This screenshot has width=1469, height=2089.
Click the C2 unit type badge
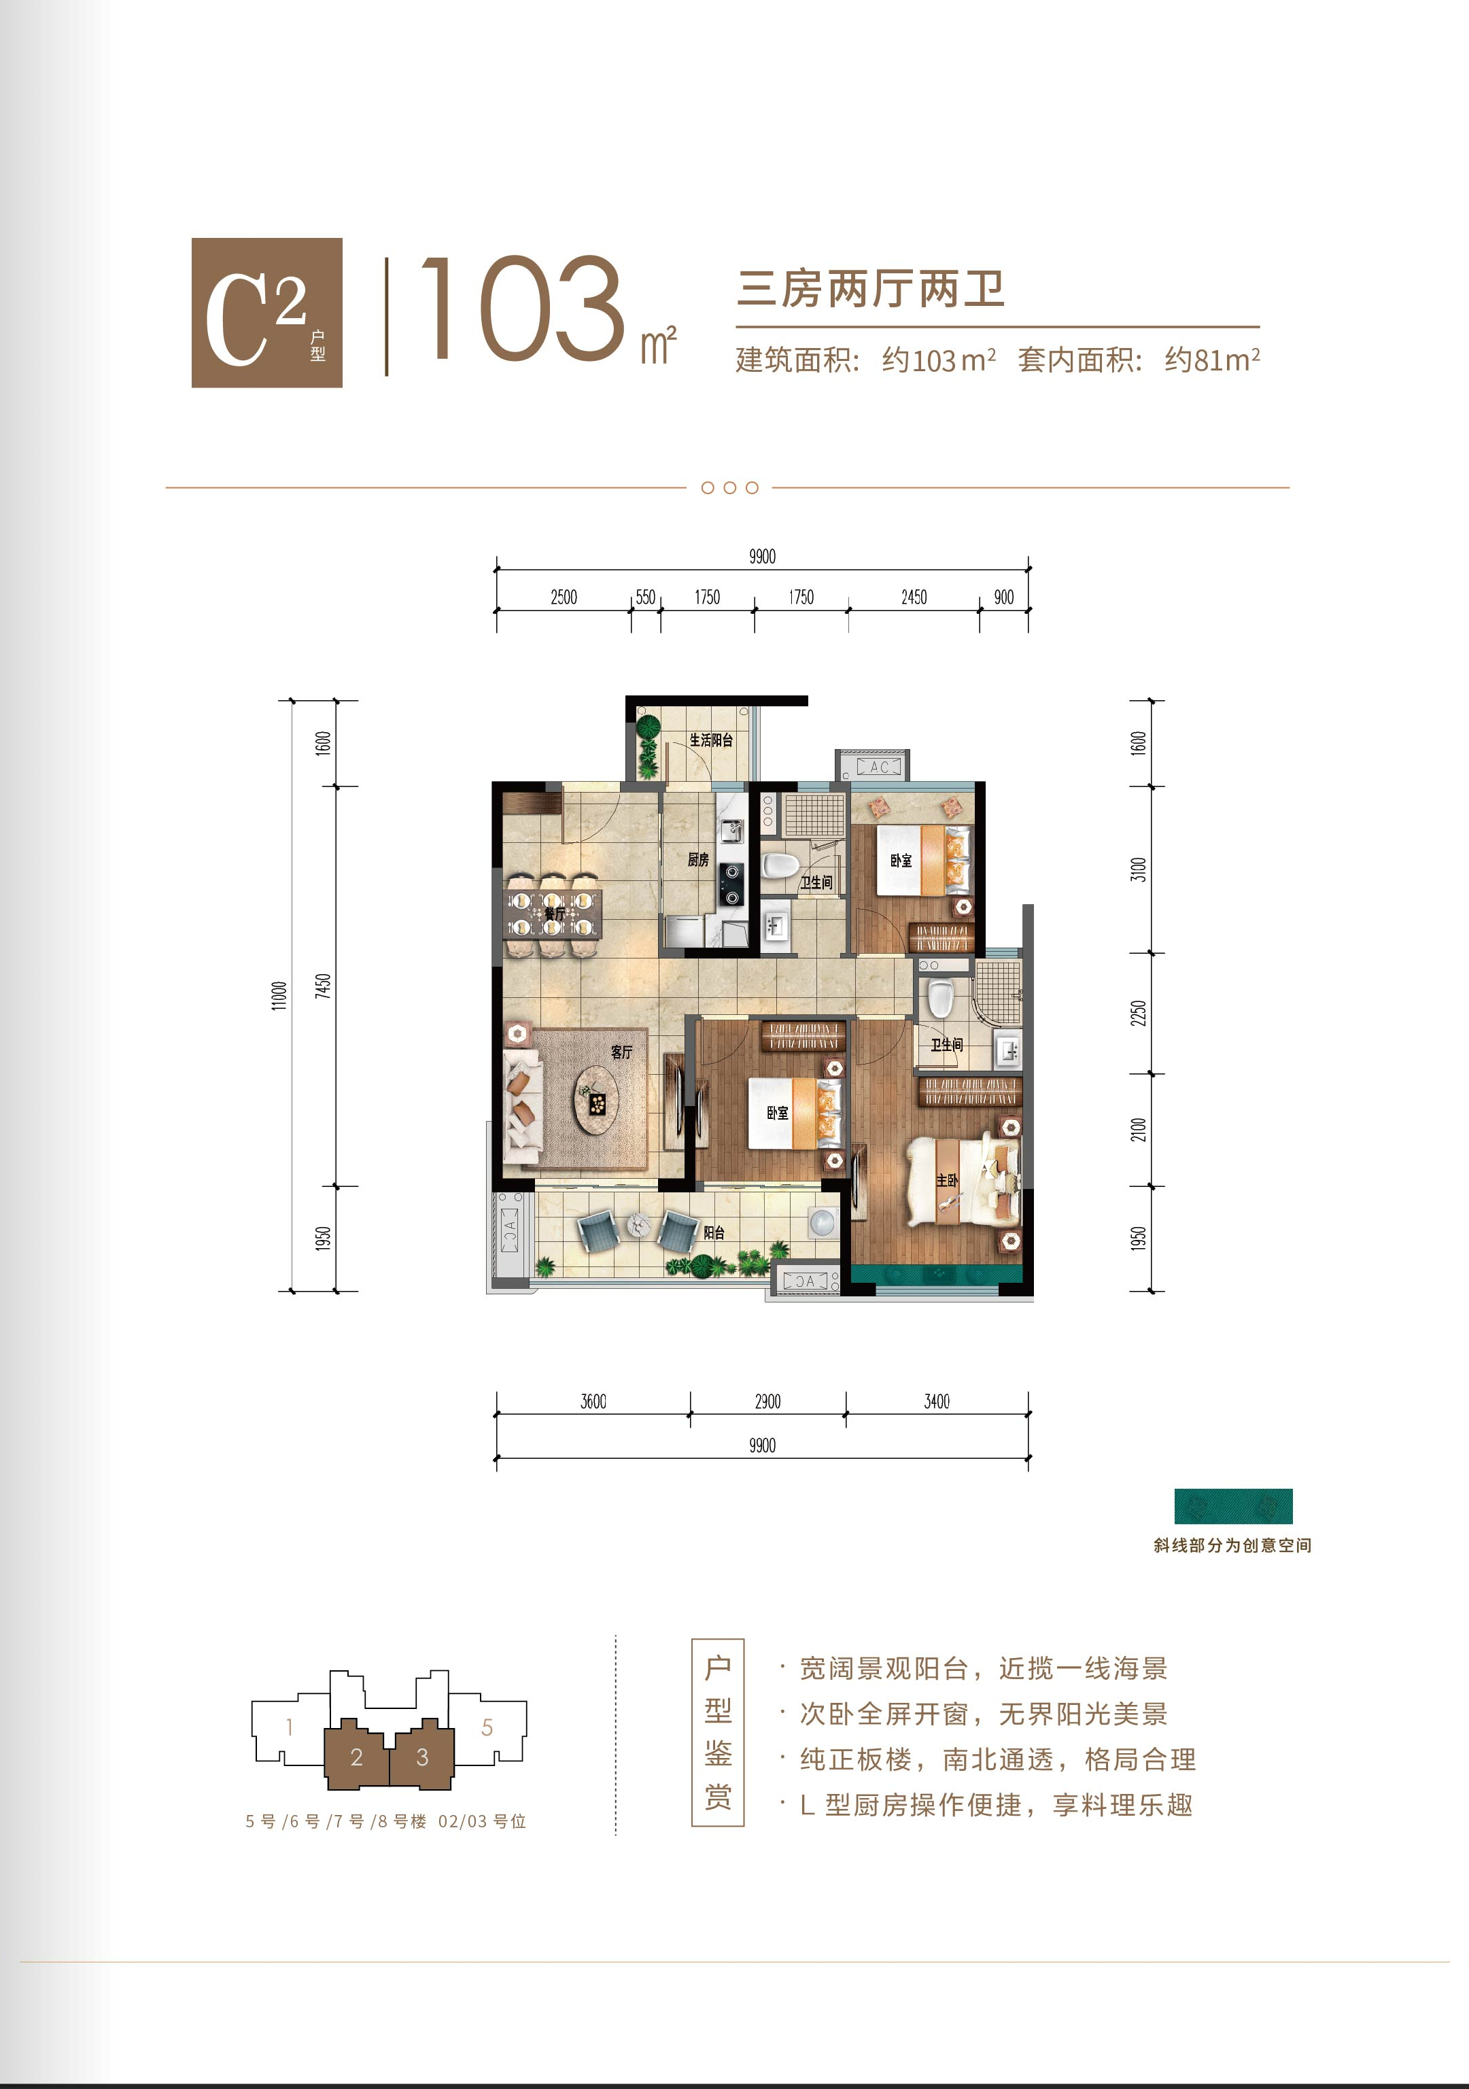tap(266, 312)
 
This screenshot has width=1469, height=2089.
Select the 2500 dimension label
tap(564, 597)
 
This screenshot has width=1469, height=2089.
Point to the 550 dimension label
tap(645, 597)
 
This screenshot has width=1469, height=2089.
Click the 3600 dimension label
tap(593, 1401)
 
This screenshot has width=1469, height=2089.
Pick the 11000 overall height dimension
tap(279, 995)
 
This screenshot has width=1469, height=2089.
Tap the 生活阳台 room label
tap(710, 740)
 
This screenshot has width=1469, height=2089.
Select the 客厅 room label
tap(621, 1052)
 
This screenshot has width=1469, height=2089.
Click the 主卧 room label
tap(947, 1180)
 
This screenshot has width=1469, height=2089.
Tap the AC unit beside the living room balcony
tap(511, 1236)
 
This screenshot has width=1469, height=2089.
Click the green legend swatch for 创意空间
tap(1232, 1506)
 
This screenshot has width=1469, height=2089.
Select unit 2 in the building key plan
tap(357, 1756)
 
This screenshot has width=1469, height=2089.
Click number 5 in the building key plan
tap(487, 1727)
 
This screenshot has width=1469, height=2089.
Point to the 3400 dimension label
tap(937, 1401)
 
